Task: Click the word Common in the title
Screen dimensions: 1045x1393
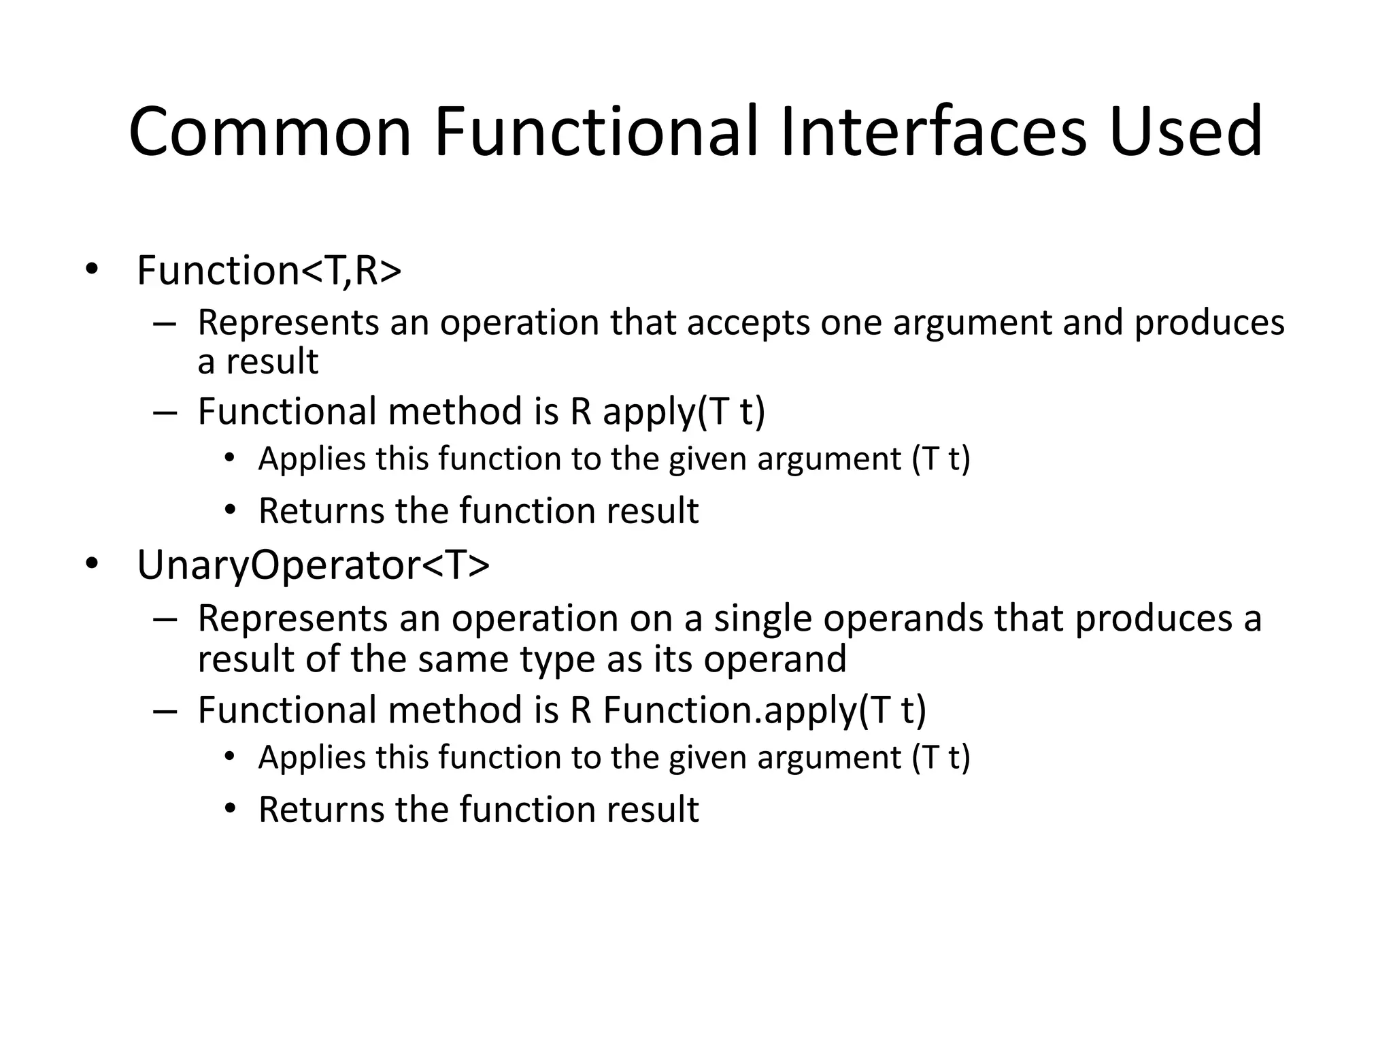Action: pyautogui.click(x=270, y=133)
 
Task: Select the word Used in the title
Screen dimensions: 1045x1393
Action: pyautogui.click(x=1185, y=133)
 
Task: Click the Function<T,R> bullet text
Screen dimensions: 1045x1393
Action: pyautogui.click(x=269, y=271)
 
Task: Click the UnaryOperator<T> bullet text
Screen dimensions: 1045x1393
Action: pyautogui.click(x=313, y=565)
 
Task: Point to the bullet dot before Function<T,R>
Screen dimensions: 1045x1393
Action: pyautogui.click(x=91, y=271)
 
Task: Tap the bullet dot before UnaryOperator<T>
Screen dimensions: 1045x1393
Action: pyautogui.click(x=91, y=564)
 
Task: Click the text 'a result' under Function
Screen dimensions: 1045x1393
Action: pyautogui.click(x=257, y=362)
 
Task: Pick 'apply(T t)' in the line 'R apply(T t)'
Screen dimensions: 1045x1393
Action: pyautogui.click(x=684, y=412)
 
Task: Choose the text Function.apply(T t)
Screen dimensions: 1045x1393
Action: pyautogui.click(x=765, y=710)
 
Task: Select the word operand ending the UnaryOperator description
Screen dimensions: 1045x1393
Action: pyautogui.click(x=775, y=659)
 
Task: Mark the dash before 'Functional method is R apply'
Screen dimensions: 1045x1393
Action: pyautogui.click(x=165, y=412)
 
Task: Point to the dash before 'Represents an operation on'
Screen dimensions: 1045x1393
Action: pyautogui.click(x=165, y=619)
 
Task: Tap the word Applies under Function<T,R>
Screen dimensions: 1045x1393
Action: pyautogui.click(x=312, y=459)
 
